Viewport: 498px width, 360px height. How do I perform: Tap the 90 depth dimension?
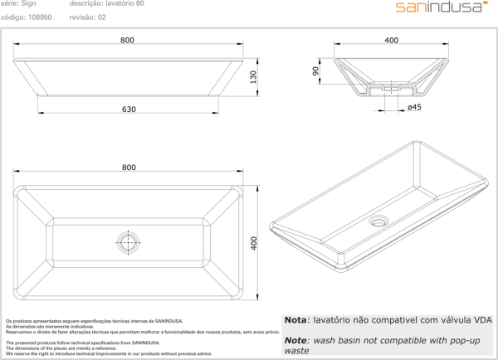316,72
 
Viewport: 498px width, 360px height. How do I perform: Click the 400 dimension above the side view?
392,41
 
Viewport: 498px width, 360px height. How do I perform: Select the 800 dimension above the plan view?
129,168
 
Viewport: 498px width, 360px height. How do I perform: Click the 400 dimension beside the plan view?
255,243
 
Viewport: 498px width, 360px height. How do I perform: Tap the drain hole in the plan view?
129,244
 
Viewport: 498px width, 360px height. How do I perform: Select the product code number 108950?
41,16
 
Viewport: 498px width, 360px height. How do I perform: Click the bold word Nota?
295,319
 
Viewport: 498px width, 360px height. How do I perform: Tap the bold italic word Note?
295,340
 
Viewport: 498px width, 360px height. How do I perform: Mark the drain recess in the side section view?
392,86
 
